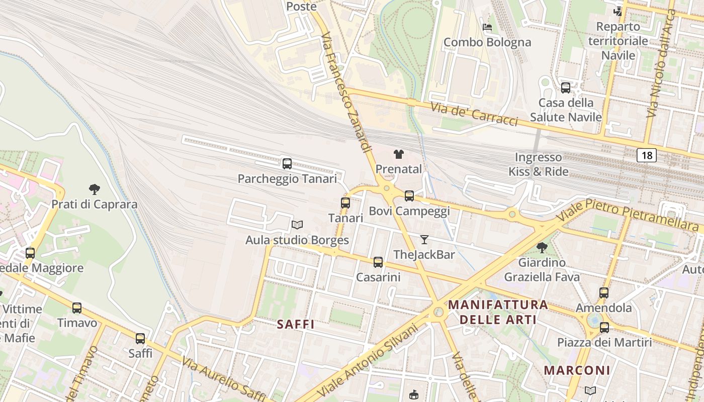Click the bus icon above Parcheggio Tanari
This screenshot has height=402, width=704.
(x=287, y=163)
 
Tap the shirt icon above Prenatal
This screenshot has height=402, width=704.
(x=398, y=154)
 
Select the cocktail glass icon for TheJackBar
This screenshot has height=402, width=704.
(x=424, y=240)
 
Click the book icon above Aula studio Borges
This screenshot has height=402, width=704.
(x=297, y=225)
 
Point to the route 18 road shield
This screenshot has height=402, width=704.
(x=646, y=155)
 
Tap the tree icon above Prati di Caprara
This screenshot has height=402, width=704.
(x=94, y=189)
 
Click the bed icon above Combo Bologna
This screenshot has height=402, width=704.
(x=487, y=27)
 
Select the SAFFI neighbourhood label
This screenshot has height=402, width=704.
(x=296, y=325)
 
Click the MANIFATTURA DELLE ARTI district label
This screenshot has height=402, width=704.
(x=498, y=312)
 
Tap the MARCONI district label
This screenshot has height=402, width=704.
(x=577, y=370)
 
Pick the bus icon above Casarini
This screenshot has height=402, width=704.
(x=378, y=262)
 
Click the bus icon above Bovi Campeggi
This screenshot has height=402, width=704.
(x=409, y=195)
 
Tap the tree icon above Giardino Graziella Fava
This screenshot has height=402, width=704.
(x=542, y=247)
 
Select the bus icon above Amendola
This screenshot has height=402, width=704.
(x=604, y=292)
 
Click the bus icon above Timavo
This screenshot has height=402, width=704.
(x=77, y=308)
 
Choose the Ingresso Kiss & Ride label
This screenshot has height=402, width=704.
(x=538, y=164)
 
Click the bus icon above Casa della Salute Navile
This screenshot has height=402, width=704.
(x=566, y=87)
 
